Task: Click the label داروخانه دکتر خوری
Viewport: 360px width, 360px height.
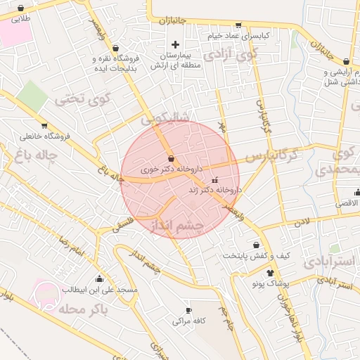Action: (172, 169)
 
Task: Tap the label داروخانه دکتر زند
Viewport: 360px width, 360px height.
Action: (214, 190)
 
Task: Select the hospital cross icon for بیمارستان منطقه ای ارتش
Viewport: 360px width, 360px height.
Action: (175, 44)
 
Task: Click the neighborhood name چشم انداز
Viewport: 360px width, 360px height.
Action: (177, 225)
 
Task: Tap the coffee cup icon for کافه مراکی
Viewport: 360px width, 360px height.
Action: (188, 310)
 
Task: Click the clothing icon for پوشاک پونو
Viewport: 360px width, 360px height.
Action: (271, 272)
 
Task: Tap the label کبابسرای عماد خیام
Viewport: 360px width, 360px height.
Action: (239, 34)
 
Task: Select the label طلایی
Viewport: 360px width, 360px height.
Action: (22, 20)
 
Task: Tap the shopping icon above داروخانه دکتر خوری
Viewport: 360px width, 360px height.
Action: (172, 158)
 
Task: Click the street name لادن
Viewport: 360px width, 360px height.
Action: (302, 222)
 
